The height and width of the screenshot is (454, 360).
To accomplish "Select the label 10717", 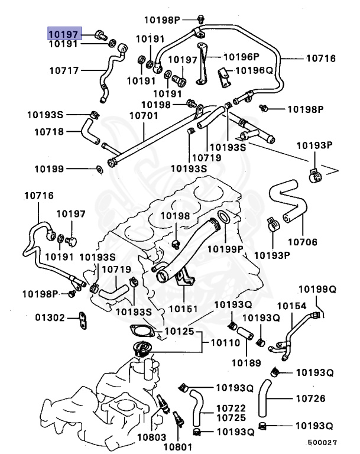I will click(63, 71).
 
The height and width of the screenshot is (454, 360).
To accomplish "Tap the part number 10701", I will click(142, 116).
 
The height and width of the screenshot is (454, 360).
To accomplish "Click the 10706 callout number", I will click(302, 241).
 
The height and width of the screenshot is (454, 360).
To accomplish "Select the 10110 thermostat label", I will click(222, 343).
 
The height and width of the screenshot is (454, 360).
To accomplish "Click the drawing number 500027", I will click(322, 442).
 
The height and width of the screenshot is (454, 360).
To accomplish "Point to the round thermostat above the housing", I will click(142, 350).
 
